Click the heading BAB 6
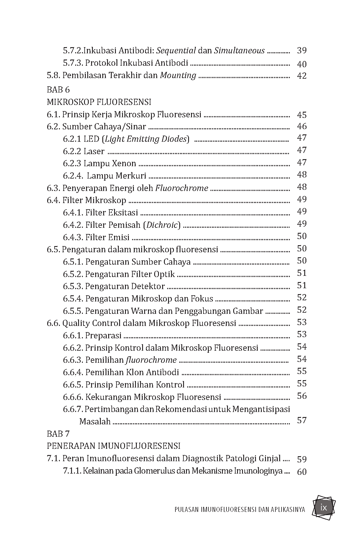pos(58,90)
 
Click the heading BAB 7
pos(58,434)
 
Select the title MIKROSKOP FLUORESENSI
pos(99,102)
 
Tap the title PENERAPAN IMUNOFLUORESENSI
pos(114,446)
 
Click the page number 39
pos(302,50)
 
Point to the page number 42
pos(302,76)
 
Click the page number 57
pos(302,420)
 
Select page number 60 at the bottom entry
pos(302,472)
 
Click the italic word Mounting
pos(178,75)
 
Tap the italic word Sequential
pos(176,50)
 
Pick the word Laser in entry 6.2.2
pos(94,151)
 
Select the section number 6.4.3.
pos(73,237)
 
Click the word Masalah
pos(95,421)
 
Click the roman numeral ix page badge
pos(324,508)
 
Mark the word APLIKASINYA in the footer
pos(288,510)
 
